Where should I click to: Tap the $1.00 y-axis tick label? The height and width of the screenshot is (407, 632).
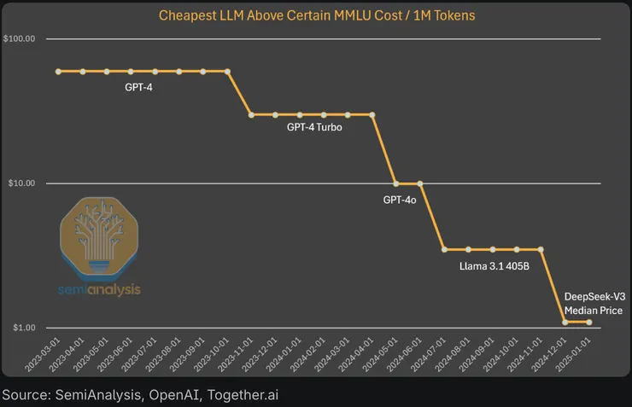point(21,329)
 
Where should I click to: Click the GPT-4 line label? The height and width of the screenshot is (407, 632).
point(138,86)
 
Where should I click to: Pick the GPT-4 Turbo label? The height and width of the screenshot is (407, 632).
point(314,127)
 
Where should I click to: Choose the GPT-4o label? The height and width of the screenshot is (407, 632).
point(400,200)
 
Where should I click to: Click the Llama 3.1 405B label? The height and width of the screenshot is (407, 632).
point(494,266)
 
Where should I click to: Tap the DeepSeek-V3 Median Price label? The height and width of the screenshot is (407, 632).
point(594,304)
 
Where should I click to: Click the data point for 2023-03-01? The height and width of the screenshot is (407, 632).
point(59,72)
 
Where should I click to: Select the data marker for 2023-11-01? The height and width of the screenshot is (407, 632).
point(251,114)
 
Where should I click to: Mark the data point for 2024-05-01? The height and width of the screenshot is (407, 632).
point(395,183)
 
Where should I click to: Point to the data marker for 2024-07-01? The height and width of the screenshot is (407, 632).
point(444,249)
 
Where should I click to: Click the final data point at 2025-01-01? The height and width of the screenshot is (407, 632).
point(588,322)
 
